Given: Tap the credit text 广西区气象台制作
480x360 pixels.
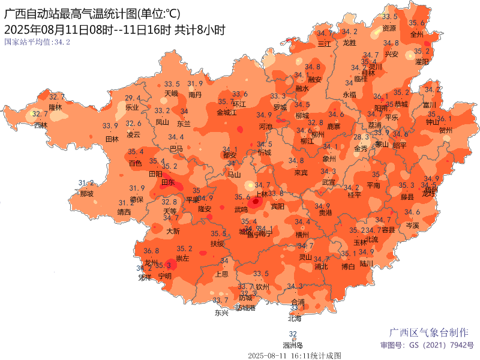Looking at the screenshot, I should coord(429,332).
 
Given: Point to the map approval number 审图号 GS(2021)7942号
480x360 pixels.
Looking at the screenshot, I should coord(427,346).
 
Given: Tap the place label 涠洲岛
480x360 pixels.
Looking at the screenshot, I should coord(293,345).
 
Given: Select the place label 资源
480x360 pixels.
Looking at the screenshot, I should coord(389,28).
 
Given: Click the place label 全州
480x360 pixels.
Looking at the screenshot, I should coord(416,34).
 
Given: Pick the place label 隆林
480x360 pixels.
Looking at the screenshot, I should coord(55,107).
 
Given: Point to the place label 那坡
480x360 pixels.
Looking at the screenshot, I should coord(86,194).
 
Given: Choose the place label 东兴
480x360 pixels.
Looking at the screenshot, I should coord(221,313).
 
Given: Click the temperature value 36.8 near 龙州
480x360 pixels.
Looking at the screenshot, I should coord(151,251).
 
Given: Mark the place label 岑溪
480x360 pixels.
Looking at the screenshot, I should coord(412,225).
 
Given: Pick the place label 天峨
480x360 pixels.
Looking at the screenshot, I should coord(171,94).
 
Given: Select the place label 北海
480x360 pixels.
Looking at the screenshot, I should coord(294,319).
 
